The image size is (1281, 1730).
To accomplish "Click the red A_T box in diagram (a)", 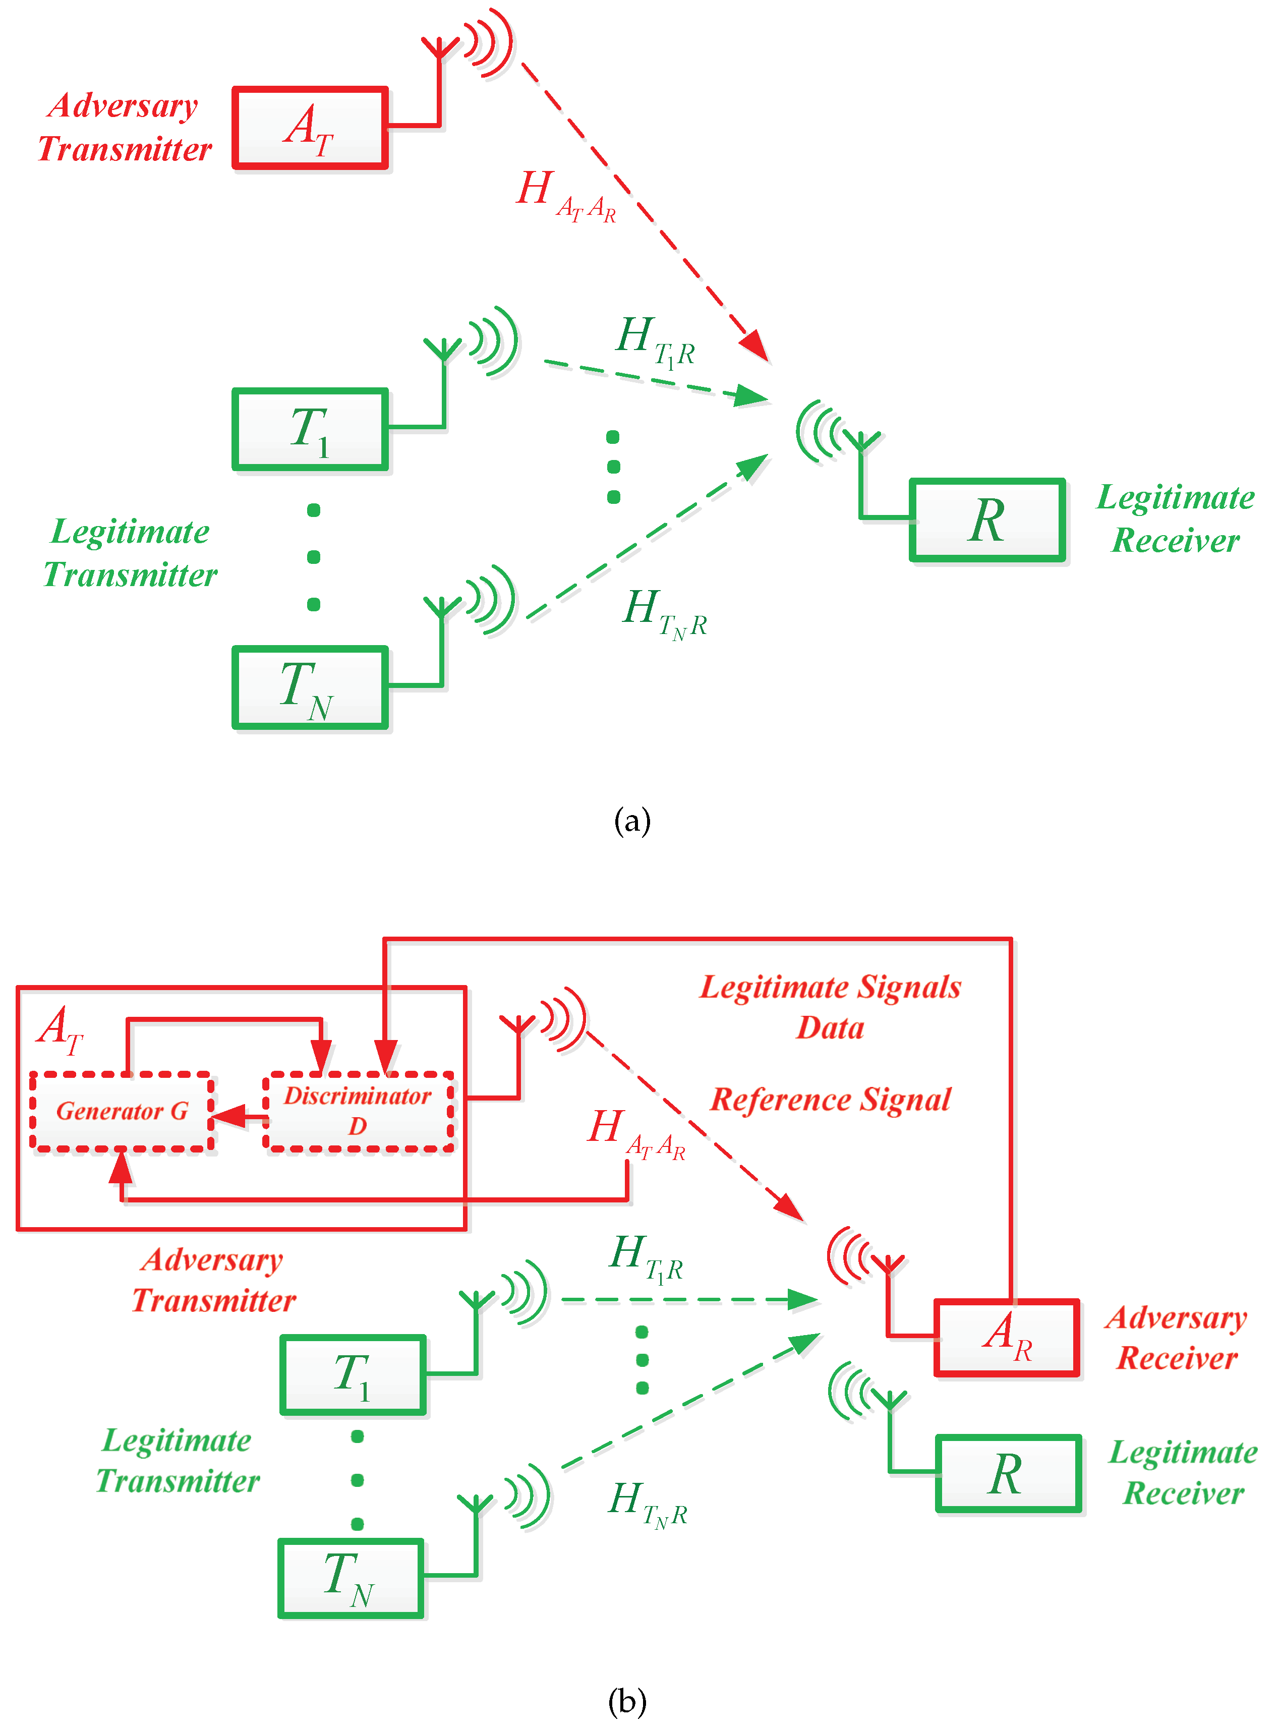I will tap(310, 128).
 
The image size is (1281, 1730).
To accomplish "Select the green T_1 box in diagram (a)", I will tap(310, 429).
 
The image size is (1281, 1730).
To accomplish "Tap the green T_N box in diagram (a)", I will tap(310, 687).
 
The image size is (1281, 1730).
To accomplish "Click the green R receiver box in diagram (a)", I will tap(987, 520).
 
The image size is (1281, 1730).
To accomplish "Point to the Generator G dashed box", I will tap(122, 1111).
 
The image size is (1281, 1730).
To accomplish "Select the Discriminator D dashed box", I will tap(358, 1111).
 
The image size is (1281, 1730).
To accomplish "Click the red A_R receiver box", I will tap(1007, 1337).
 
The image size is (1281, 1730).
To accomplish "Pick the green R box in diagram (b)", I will tap(1007, 1473).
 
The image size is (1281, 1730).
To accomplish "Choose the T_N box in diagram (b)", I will tap(351, 1577).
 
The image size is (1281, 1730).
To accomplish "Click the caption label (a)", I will tap(631, 821).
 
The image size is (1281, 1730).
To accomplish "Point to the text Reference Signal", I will tap(831, 1100).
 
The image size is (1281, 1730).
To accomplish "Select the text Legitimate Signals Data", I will tap(831, 1007).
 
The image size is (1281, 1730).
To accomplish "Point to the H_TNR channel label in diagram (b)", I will tap(648, 1505).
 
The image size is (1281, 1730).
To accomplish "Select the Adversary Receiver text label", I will tap(1176, 1337).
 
